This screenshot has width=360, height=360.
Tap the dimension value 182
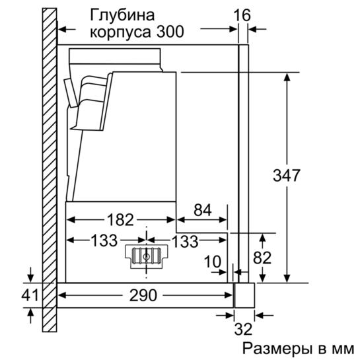pyautogui.click(x=120, y=219)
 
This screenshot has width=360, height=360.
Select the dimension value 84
pyautogui.click(x=203, y=210)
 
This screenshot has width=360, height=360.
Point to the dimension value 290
pyautogui.click(x=143, y=295)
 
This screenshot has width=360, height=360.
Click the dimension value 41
pyautogui.click(x=30, y=295)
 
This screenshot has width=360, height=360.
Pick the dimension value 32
pyautogui.click(x=243, y=329)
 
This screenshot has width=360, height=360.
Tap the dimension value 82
pyautogui.click(x=262, y=258)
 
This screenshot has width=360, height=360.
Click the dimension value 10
pyautogui.click(x=213, y=262)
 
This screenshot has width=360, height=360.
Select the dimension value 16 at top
pyautogui.click(x=242, y=15)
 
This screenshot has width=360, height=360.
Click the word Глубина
pyautogui.click(x=122, y=15)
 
